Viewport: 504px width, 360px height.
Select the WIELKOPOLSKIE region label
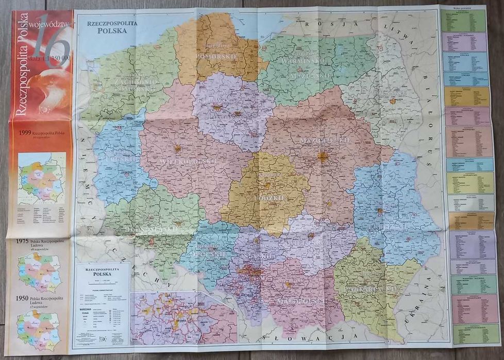(181, 161)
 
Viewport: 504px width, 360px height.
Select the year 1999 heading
(26, 133)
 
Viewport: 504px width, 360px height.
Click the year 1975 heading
(22, 241)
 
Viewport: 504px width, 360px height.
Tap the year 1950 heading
(22, 298)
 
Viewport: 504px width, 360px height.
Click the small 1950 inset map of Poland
(39, 329)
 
